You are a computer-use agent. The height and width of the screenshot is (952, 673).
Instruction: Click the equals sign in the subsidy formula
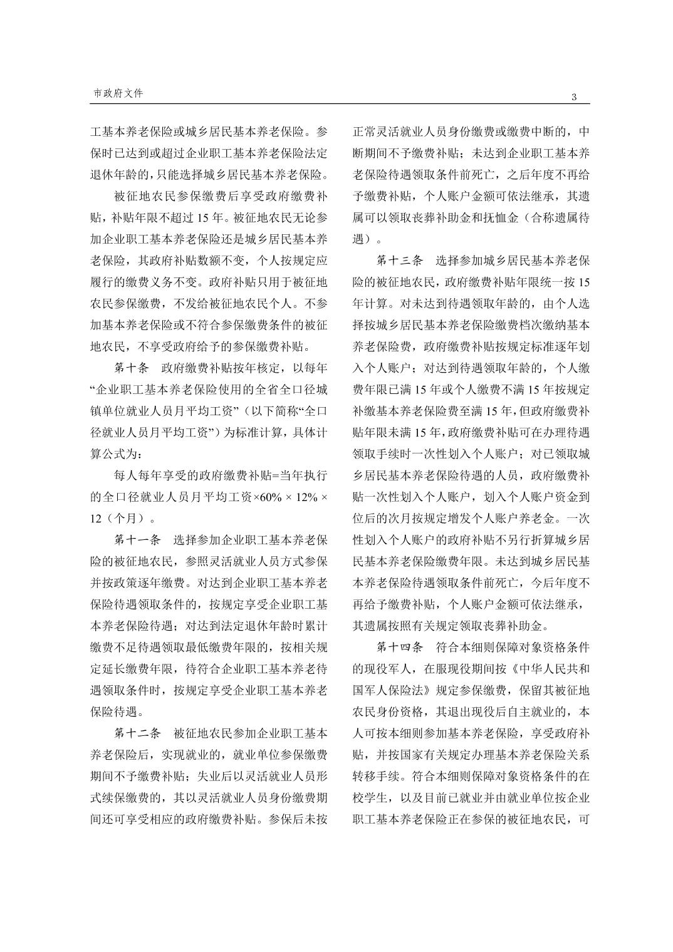tap(272, 475)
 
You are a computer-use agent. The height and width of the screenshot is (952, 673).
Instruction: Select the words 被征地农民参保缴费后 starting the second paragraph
tap(174, 197)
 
